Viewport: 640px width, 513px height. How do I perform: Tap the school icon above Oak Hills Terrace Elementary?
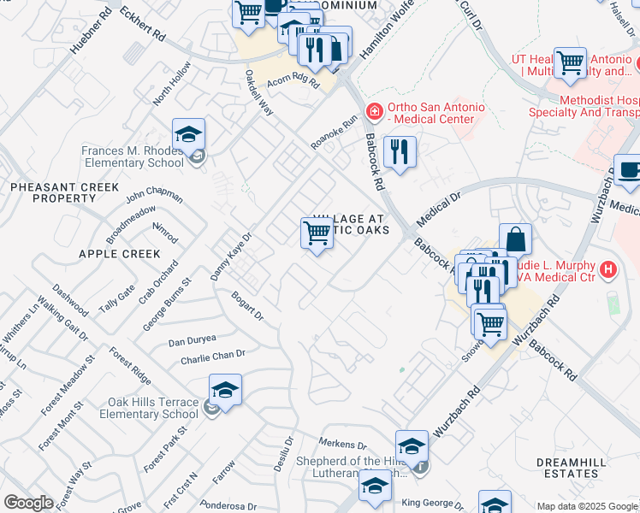tap(225, 390)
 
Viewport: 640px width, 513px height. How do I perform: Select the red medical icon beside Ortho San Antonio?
tap(373, 112)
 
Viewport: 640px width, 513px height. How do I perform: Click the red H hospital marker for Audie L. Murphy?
tap(608, 270)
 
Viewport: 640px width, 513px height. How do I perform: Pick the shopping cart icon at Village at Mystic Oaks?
tap(317, 232)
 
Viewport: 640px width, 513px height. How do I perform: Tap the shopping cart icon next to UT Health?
tap(570, 62)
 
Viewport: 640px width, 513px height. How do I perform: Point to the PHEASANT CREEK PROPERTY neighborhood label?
tap(53, 192)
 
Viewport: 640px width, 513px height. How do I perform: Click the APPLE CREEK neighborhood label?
tap(119, 254)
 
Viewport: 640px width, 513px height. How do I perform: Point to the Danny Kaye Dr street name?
tap(231, 257)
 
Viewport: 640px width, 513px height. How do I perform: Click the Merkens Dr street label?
tap(342, 445)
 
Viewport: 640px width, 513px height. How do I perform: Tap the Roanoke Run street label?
tap(334, 133)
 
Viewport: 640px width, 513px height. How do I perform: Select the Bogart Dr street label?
tap(247, 306)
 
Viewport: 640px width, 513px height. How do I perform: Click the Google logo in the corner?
tap(28, 503)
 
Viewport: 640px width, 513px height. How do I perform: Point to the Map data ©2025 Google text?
tap(587, 506)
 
